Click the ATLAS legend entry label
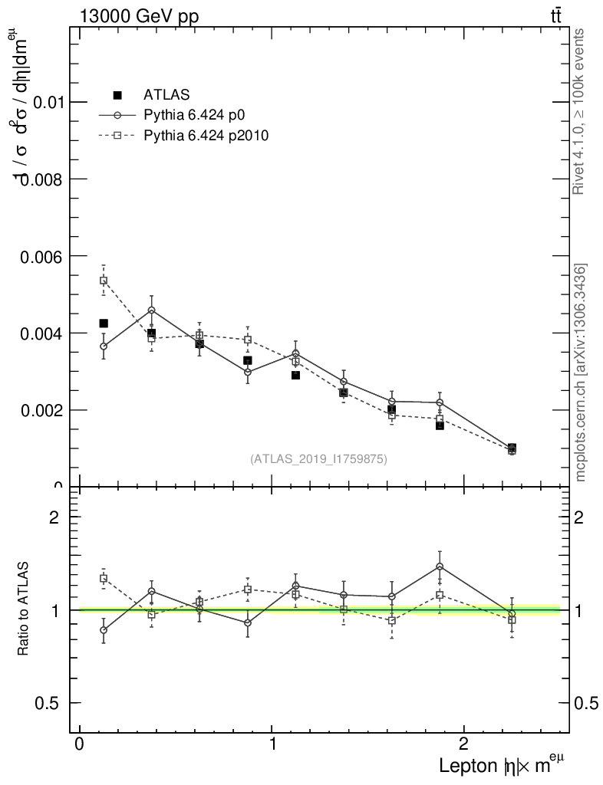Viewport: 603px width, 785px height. pos(166,95)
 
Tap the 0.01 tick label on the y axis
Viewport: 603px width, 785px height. pos(45,102)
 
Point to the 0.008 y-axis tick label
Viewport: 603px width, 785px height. pos(38,179)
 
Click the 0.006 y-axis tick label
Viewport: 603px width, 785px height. pos(38,256)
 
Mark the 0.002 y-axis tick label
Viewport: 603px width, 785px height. pos(38,410)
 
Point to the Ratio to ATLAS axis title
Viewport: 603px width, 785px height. pos(24,609)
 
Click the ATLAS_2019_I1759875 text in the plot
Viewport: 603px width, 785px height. pos(318,459)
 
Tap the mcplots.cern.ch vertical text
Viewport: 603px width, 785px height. pos(582,373)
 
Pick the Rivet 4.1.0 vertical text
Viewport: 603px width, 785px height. pos(580,111)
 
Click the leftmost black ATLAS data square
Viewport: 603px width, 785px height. pos(104,324)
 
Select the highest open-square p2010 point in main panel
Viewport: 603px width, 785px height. pos(104,281)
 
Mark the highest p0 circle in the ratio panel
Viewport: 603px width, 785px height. pos(440,567)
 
